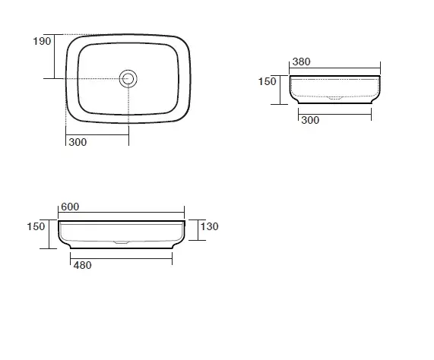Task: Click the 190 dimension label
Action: point(42,41)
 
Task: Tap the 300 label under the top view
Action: point(78,142)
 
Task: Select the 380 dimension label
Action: point(302,62)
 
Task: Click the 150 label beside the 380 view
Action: point(267,81)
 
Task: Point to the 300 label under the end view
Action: point(310,120)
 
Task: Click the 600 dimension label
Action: point(70,207)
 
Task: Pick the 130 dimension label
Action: point(210,227)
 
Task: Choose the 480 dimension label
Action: point(83,265)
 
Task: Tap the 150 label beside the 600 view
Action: point(36,227)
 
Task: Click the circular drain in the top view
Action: point(128,70)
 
